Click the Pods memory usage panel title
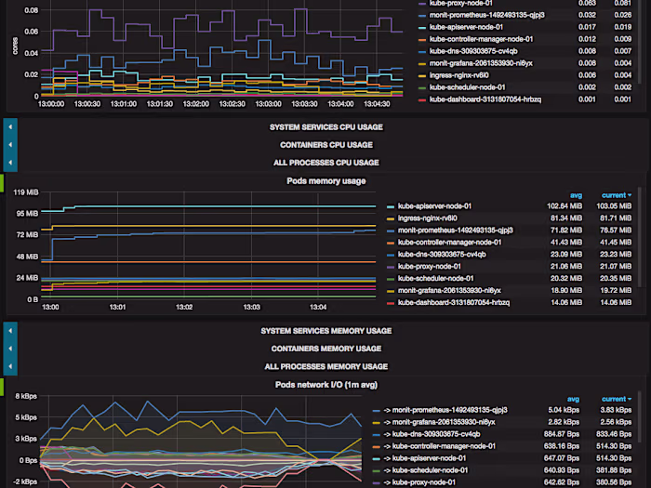[325, 181]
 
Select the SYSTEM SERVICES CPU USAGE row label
[325, 127]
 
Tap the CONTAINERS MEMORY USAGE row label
[325, 349]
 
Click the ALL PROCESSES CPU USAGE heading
[325, 163]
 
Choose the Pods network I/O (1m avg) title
[325, 384]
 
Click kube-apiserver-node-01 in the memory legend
[434, 205]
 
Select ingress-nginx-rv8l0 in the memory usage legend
[430, 218]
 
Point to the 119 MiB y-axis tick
[25, 192]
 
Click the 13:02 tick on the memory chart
[185, 307]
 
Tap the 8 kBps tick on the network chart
[25, 397]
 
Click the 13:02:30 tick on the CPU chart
[232, 104]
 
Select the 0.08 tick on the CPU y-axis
[31, 11]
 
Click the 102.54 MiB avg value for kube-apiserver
[564, 205]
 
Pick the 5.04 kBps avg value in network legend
[565, 409]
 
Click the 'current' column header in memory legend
[614, 195]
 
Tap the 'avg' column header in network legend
[574, 399]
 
